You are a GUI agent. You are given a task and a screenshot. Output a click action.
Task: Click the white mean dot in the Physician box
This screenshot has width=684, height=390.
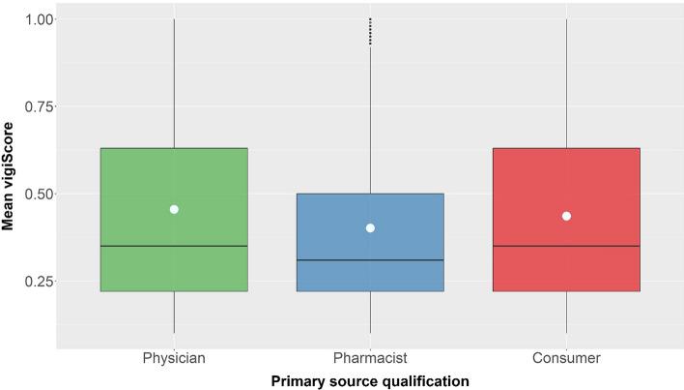(174, 209)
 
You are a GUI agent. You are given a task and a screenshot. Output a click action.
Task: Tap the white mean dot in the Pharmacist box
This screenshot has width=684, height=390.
(370, 228)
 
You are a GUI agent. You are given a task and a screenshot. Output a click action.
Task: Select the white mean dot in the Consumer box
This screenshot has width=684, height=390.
(566, 216)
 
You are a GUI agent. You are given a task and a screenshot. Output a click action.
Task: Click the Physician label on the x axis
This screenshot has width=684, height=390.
(174, 358)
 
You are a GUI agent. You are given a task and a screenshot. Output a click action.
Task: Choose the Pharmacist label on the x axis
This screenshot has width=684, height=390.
(370, 358)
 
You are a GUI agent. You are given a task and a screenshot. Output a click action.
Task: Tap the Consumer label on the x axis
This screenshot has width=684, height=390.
(566, 358)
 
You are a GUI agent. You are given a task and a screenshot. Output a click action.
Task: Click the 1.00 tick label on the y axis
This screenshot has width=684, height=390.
(35, 19)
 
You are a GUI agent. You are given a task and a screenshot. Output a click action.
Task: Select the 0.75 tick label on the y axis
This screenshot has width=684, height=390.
(35, 106)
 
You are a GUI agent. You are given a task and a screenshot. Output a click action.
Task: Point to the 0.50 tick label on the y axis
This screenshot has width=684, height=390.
(35, 194)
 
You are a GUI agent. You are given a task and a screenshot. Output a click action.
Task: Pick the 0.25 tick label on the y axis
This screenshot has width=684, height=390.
(35, 282)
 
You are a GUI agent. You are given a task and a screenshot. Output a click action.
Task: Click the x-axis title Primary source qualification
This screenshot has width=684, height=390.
(370, 381)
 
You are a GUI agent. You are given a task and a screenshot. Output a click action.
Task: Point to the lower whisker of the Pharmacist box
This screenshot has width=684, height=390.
(370, 312)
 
